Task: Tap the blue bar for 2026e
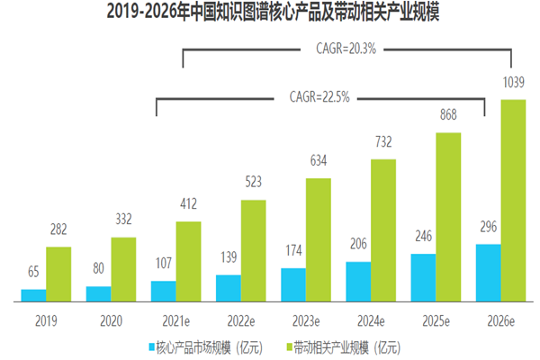tap(487, 273)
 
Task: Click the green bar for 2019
tap(58, 274)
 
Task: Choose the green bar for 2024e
tap(383, 230)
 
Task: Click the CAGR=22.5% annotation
tap(319, 95)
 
